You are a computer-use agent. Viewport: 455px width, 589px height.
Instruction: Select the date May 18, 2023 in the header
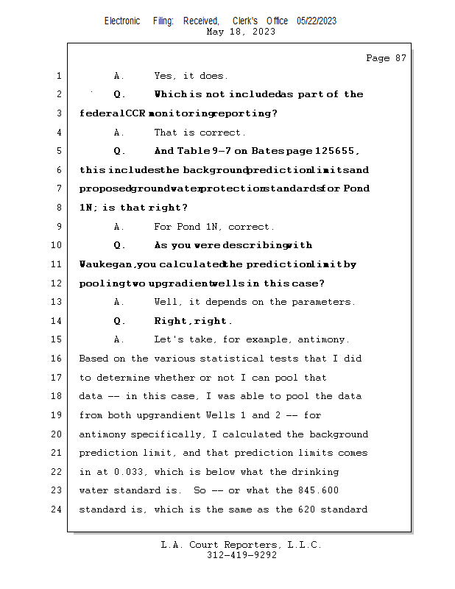(241, 32)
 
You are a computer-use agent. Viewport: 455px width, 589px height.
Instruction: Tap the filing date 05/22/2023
(317, 21)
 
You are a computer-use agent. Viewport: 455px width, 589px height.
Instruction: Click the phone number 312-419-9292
(241, 555)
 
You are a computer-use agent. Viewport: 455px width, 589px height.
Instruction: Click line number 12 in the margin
(58, 283)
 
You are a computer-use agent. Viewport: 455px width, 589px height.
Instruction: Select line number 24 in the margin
(58, 509)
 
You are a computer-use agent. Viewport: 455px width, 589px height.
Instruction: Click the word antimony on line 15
(324, 339)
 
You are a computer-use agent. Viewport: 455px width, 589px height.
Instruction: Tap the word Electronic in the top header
(121, 21)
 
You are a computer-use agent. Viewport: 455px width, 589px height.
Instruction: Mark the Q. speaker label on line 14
(119, 321)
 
